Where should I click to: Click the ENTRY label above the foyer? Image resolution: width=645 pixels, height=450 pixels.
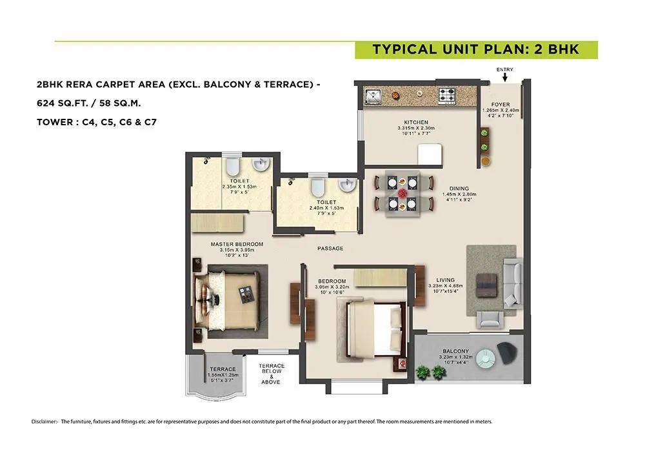[504, 70]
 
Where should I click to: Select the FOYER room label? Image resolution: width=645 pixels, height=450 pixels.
[501, 104]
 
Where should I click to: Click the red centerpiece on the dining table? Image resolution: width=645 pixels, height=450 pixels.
[403, 192]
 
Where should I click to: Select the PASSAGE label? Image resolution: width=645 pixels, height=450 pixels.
[330, 248]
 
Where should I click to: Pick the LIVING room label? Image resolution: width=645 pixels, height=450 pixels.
[446, 280]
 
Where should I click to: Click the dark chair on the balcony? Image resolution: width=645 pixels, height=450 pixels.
[508, 352]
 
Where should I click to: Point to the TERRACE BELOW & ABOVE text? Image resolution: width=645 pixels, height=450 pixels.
[271, 374]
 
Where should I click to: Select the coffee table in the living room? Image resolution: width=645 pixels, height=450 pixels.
[485, 283]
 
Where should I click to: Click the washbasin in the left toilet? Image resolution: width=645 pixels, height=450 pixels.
[260, 165]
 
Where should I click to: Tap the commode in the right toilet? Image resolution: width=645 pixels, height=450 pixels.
[317, 187]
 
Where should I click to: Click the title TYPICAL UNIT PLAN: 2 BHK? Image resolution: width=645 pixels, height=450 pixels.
[476, 50]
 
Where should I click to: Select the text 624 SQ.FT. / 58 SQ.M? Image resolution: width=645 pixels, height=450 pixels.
[89, 103]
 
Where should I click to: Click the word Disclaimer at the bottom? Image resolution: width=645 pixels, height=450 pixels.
[44, 422]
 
